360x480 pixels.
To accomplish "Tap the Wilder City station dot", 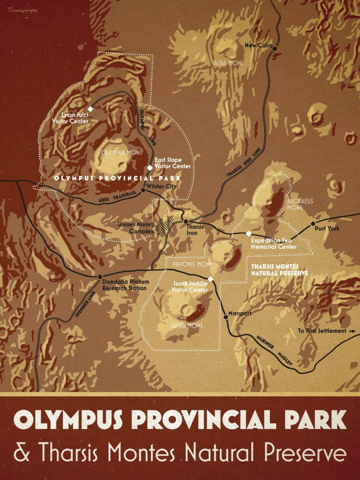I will point(143,190).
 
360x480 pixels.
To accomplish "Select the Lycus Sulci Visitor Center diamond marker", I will point(91,109).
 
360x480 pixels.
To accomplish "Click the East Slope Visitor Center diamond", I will point(150,168).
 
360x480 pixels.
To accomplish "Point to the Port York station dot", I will point(312,224).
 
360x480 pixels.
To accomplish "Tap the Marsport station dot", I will point(226,317).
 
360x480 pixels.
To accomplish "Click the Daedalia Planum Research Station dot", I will point(100,277).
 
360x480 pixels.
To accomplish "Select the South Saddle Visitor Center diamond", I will point(211,279).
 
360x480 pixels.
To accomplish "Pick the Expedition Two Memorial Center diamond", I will point(249,233).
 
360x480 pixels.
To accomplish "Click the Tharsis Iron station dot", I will point(186,221).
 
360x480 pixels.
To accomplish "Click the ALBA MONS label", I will point(228,63).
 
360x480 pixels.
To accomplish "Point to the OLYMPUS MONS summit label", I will point(122,152).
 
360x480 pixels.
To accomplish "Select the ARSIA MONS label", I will point(187,326).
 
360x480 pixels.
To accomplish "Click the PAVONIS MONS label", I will point(192,264).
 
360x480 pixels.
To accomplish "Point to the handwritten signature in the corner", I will point(22,10).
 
